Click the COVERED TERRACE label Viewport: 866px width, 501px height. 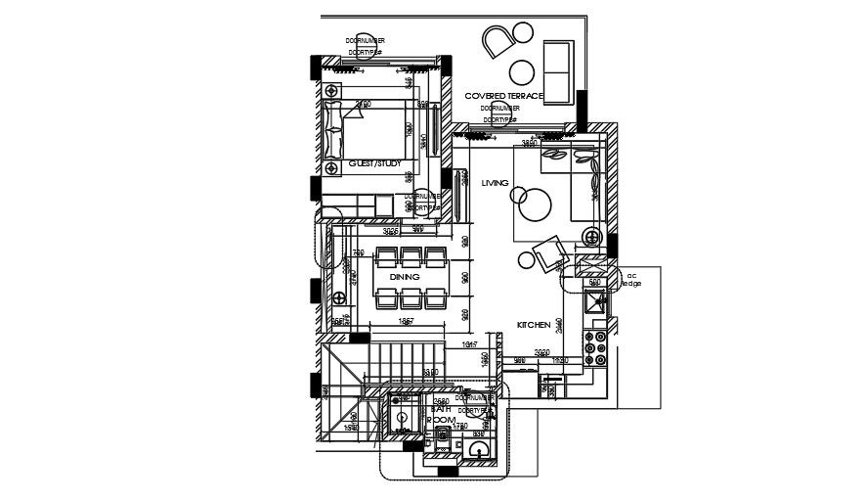(504, 96)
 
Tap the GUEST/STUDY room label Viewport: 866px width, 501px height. (374, 164)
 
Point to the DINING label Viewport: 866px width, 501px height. (404, 278)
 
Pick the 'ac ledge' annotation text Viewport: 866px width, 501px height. (632, 279)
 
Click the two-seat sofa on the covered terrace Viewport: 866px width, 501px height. (558, 72)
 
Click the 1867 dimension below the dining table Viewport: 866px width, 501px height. (408, 321)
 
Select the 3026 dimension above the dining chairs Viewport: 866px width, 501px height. (391, 232)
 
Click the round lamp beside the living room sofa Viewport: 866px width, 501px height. (592, 236)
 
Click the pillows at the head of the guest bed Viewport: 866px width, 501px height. (332, 126)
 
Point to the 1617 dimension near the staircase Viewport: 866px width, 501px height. (468, 345)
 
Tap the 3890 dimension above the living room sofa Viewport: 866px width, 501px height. (530, 144)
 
